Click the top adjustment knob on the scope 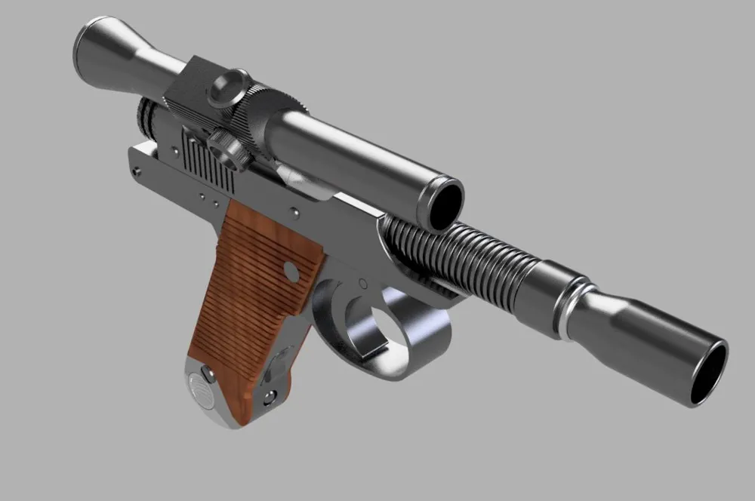coord(228,85)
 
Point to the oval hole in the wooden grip coord(289,270)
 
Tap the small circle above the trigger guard coord(361,284)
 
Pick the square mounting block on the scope coord(189,91)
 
